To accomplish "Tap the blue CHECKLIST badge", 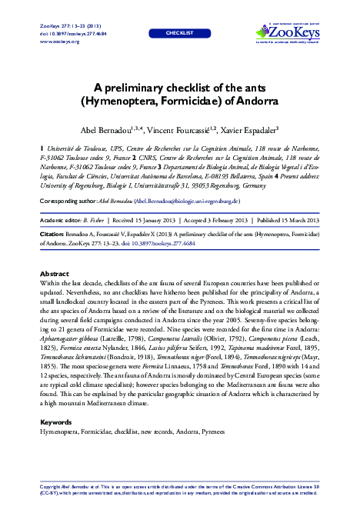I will tap(180, 34).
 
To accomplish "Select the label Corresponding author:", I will tap(69, 201).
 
